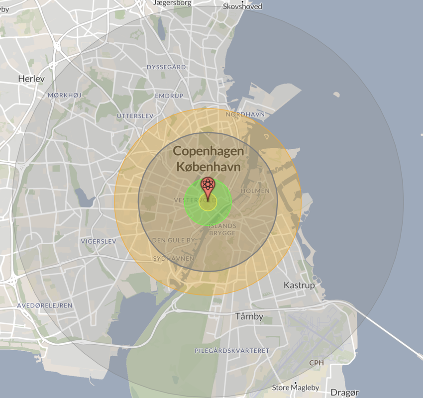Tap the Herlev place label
pyautogui.click(x=31, y=79)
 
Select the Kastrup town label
pyautogui.click(x=299, y=285)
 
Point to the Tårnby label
pyautogui.click(x=248, y=316)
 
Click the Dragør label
pyautogui.click(x=344, y=393)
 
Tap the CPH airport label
pyautogui.click(x=317, y=363)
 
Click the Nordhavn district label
pyautogui.click(x=245, y=114)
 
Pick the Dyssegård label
pyautogui.click(x=166, y=67)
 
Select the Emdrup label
pyautogui.click(x=169, y=96)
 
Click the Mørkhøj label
pyautogui.click(x=65, y=95)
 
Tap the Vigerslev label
pyautogui.click(x=98, y=241)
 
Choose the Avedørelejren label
pyautogui.click(x=45, y=305)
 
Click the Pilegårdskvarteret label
pyautogui.click(x=232, y=351)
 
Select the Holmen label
pyautogui.click(x=255, y=191)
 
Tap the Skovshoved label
pyautogui.click(x=242, y=6)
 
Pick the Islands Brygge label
pyautogui.click(x=222, y=229)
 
